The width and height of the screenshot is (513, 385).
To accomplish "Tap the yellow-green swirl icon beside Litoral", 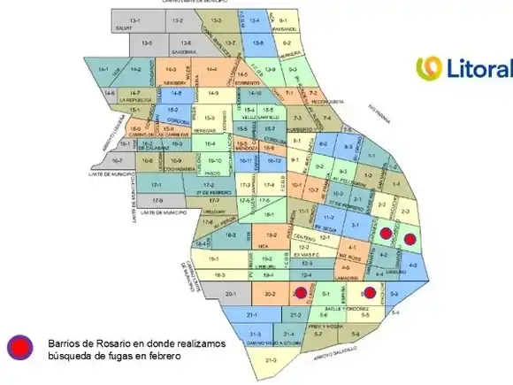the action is click(429, 68).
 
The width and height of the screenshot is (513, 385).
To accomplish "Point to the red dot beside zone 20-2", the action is click(300, 293).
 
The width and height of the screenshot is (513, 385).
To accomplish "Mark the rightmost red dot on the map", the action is click(409, 237).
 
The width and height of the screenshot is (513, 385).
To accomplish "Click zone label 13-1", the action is click(134, 19).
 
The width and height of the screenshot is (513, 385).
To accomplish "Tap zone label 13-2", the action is click(177, 19).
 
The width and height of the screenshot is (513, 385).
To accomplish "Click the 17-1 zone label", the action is click(156, 184).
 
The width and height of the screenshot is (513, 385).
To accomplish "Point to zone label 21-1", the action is click(251, 315).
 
